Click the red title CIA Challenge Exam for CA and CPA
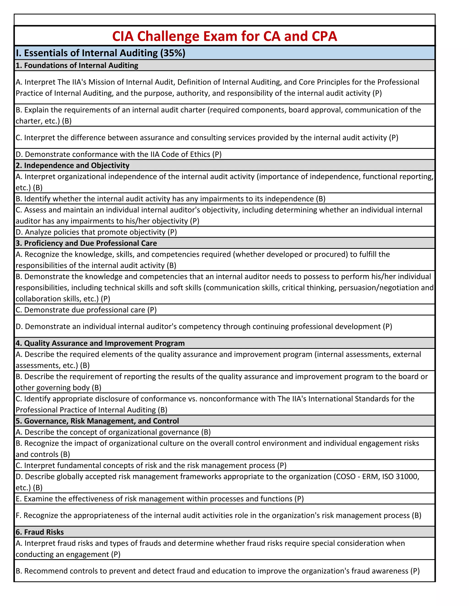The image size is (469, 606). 224,36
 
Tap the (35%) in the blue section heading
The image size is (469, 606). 172,53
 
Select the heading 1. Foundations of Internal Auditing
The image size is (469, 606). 77,65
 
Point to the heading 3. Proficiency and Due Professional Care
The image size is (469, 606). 86,243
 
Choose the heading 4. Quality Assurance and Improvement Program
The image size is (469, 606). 100,343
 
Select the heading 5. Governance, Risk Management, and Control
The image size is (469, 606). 97,421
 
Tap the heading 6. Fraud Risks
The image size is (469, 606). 40,532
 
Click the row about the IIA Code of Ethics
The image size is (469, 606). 119,154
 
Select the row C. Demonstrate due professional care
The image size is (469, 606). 86,310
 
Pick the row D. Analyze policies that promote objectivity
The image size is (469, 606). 96,232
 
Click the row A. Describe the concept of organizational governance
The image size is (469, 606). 113,432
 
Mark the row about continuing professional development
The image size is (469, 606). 204,326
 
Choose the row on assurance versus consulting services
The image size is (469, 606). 207,138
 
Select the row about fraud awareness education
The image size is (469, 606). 217,571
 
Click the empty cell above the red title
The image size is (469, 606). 224,20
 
